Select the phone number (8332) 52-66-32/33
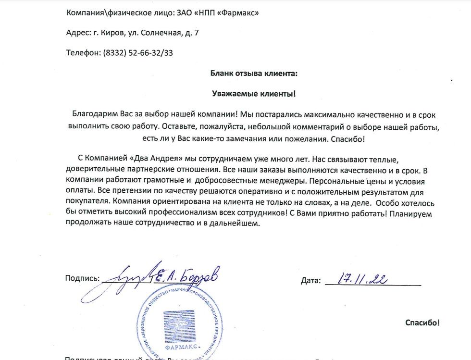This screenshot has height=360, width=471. tap(138, 53)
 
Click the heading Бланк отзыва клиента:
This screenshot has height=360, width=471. tap(254, 73)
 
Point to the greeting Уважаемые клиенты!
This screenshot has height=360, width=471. tap(254, 93)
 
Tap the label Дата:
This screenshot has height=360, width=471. tap(310, 280)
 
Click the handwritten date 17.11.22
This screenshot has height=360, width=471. tap(363, 278)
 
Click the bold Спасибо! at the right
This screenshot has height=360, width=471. tap(422, 323)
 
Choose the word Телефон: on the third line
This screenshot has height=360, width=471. tap(83, 53)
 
